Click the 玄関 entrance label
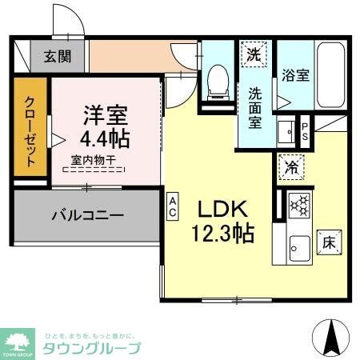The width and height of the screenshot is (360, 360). point(56,56)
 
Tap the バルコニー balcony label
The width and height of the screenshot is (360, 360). point(88,215)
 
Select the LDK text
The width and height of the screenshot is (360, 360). point(224,210)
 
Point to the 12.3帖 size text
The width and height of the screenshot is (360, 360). point(225,234)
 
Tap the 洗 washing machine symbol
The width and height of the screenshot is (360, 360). point(254,55)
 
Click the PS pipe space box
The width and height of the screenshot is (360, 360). point(306,130)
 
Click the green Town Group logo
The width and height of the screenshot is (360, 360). point(18,340)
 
